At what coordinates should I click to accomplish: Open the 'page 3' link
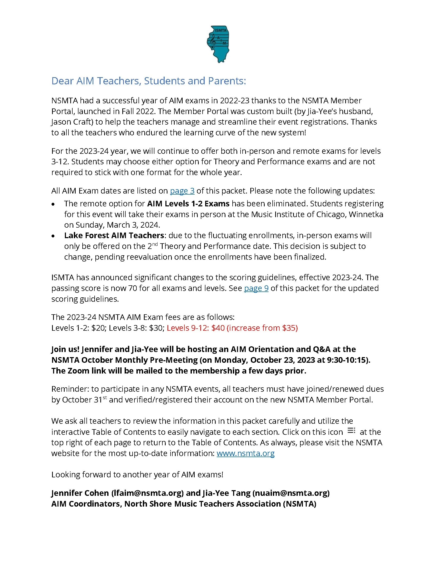pyautogui.click(x=182, y=191)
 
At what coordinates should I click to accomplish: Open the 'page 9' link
pyautogui.click(x=256, y=288)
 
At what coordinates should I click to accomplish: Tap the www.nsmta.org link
pyautogui.click(x=245, y=453)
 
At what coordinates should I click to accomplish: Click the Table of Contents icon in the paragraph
pyautogui.click(x=351, y=430)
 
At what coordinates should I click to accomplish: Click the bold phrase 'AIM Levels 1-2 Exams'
pyautogui.click(x=188, y=204)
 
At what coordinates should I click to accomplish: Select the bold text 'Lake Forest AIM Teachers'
pyautogui.click(x=114, y=236)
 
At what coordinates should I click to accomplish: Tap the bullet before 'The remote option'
pyautogui.click(x=53, y=204)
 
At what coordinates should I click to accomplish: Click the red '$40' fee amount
pyautogui.click(x=218, y=328)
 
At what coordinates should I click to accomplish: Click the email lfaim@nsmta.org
pyautogui.click(x=147, y=493)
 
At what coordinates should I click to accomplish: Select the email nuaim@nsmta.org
pyautogui.click(x=291, y=493)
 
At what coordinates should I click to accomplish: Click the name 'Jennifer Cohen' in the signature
pyautogui.click(x=80, y=493)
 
